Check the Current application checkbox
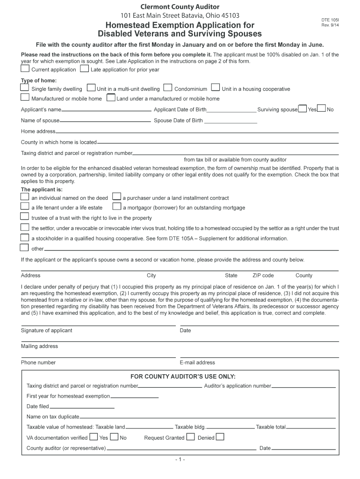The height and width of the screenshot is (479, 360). (x=25, y=69)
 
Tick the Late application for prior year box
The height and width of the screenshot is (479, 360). (x=84, y=69)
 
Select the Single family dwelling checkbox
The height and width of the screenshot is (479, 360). (x=25, y=87)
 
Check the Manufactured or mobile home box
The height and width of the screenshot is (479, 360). (x=25, y=98)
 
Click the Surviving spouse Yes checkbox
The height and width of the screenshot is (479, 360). (x=302, y=109)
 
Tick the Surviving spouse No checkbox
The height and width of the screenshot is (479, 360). (x=321, y=109)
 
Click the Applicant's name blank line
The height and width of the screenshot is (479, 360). (x=107, y=110)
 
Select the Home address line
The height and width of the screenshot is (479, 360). (x=196, y=132)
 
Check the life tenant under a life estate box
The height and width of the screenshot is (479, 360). (x=25, y=206)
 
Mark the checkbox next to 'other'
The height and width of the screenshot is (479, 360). (x=25, y=248)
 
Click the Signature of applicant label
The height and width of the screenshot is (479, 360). (x=47, y=330)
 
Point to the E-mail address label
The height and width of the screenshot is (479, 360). (x=197, y=363)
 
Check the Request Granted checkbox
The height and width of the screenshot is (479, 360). (x=190, y=437)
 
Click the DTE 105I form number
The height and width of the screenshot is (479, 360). (x=330, y=20)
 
